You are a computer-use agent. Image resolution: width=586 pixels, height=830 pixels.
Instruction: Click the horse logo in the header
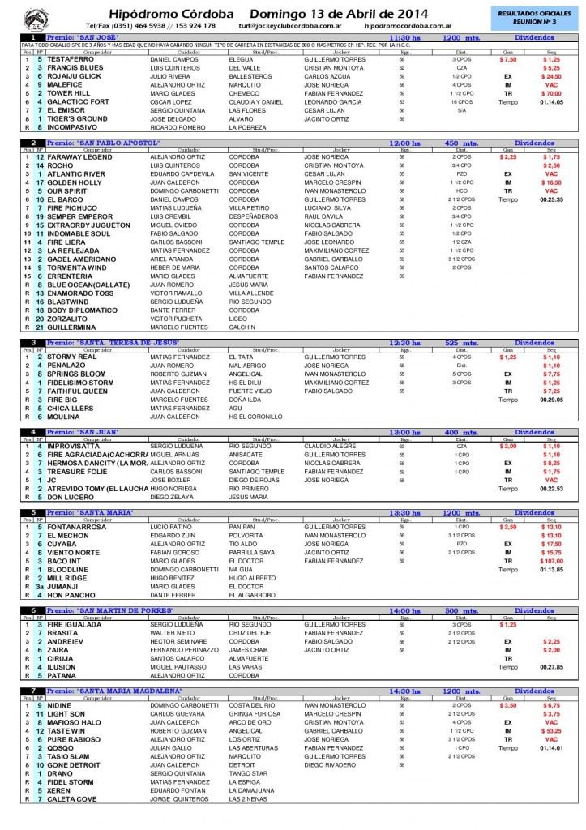coord(36,17)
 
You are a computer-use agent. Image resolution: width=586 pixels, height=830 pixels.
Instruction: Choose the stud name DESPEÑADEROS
coord(254,216)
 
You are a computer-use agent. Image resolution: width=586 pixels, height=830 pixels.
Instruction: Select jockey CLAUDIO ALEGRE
coord(330,446)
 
